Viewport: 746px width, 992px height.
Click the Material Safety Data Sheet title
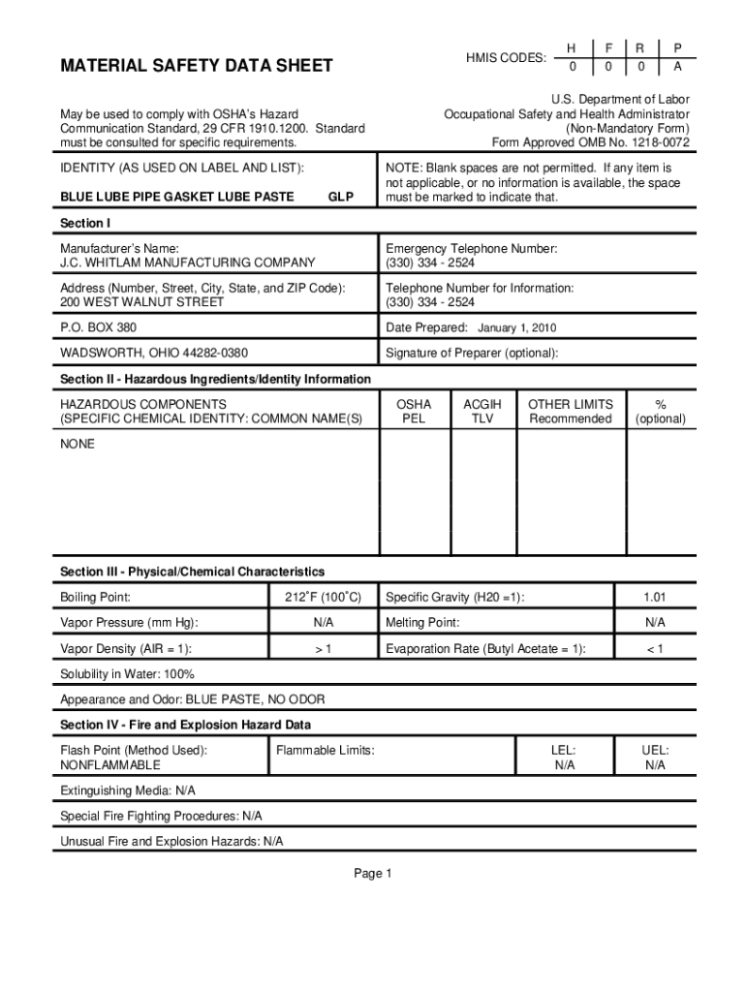point(196,66)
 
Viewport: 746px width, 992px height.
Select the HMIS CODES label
point(505,58)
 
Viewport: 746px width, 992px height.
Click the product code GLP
point(340,197)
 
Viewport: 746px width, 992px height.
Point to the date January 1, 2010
point(516,328)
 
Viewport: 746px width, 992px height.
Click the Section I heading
point(85,224)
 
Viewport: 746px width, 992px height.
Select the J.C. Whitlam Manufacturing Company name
point(187,263)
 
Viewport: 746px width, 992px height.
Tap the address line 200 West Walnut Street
point(141,302)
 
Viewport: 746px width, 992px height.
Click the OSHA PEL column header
point(414,412)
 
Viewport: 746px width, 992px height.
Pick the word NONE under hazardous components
point(78,444)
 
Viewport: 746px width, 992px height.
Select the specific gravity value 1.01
point(656,598)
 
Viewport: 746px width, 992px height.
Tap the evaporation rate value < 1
point(656,649)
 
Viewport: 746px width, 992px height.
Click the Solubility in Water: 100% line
point(127,674)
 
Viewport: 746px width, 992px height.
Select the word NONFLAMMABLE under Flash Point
point(110,765)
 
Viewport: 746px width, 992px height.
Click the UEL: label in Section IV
point(655,750)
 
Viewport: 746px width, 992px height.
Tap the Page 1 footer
point(372,875)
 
